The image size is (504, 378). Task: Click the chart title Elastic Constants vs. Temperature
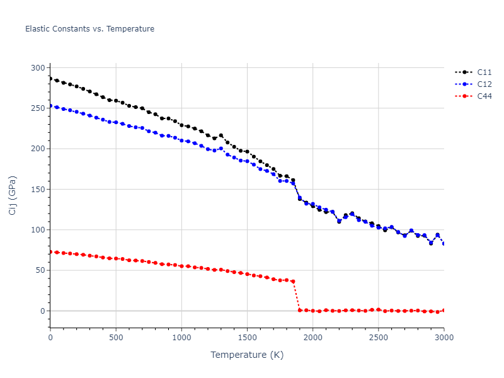tap(89, 29)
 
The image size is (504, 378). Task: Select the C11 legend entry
tap(484, 72)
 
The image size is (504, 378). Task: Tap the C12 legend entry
tap(484, 84)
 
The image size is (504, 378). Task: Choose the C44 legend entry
tap(484, 96)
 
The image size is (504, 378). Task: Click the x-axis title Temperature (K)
tap(247, 355)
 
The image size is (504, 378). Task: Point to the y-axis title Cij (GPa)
tap(13, 195)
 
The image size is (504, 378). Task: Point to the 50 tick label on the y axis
tap(40, 270)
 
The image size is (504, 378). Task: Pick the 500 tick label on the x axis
tap(116, 338)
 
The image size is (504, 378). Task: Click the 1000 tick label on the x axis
tap(181, 338)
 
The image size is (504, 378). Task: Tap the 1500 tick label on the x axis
tap(247, 338)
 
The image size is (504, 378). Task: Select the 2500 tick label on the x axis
tap(379, 338)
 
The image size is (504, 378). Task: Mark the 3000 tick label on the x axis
tap(444, 338)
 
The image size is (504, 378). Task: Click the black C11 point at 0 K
tap(50, 78)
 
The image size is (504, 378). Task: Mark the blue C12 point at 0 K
tap(50, 106)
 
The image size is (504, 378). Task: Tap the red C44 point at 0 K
tap(50, 252)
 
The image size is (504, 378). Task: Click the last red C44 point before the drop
tap(293, 282)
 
